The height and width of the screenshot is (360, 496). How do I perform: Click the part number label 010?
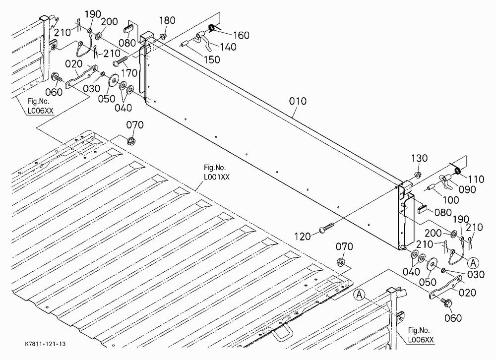coord(298,101)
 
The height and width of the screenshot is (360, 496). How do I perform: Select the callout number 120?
coord(303,237)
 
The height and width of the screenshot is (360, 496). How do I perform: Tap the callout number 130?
coord(419,158)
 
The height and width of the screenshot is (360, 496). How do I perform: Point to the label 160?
coord(242,35)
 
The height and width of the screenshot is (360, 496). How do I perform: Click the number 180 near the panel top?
coord(167,20)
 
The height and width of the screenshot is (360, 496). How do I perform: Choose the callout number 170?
coord(129,73)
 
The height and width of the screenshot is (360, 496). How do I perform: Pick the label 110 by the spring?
coord(476,180)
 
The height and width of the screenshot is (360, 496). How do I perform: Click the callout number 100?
coord(450,200)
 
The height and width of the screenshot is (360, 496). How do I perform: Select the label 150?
coord(212,59)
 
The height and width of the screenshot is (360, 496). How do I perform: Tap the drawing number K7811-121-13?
coord(46,344)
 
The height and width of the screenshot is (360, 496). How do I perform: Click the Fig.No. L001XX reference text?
coord(216,172)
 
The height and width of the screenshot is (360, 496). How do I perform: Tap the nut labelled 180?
coord(163,37)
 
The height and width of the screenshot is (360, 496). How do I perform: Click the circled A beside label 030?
coord(473,263)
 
